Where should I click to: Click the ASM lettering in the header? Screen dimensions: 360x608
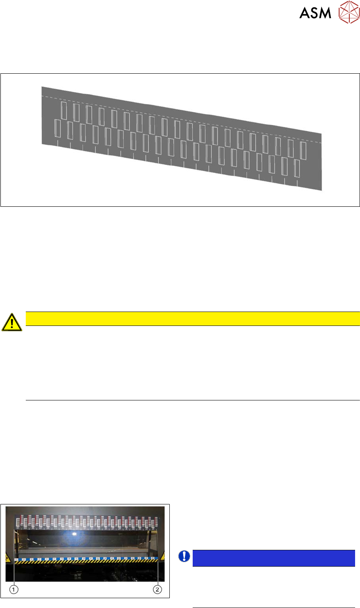[315, 13]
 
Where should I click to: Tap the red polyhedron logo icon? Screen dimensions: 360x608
[349, 12]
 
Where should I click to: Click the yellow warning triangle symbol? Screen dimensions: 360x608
[12, 322]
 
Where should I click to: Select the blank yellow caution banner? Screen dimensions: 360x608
[192, 319]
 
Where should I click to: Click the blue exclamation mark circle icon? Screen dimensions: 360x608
[184, 556]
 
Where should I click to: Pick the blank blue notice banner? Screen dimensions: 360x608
[273, 558]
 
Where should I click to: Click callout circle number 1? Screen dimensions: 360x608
[14, 590]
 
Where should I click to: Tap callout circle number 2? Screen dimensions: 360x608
[157, 590]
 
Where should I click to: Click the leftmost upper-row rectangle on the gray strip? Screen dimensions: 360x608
[64, 111]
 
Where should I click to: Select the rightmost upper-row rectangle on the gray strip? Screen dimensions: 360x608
[303, 150]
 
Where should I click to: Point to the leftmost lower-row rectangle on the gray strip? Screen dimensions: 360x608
[58, 128]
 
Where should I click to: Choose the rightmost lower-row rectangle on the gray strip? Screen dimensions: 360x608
[297, 168]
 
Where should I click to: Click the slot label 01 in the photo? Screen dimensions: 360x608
[18, 528]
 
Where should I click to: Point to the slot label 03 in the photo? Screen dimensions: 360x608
[25, 528]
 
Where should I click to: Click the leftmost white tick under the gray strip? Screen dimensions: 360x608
[58, 144]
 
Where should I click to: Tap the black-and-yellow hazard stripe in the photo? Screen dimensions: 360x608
[86, 563]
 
